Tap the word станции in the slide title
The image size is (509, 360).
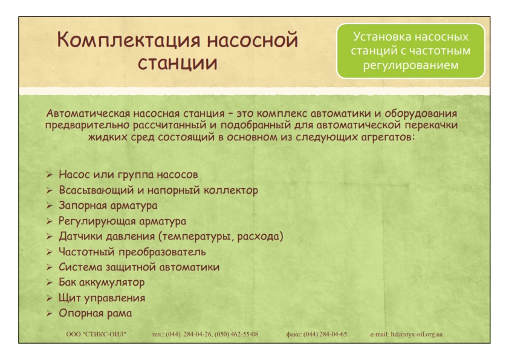pyautogui.click(x=178, y=63)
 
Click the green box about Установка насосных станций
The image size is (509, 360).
pyautogui.click(x=410, y=51)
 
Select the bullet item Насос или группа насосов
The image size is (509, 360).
pyautogui.click(x=128, y=175)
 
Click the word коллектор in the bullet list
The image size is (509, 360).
pyautogui.click(x=231, y=190)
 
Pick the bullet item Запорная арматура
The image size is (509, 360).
pyautogui.click(x=108, y=206)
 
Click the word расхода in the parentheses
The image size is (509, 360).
pyautogui.click(x=258, y=236)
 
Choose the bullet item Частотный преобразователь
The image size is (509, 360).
pyautogui.click(x=132, y=252)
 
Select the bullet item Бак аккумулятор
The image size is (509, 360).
pyautogui.click(x=102, y=283)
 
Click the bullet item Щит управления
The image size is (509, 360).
pyautogui.click(x=102, y=298)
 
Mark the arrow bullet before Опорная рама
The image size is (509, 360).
pyautogui.click(x=50, y=313)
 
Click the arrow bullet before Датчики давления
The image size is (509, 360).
pyautogui.click(x=50, y=236)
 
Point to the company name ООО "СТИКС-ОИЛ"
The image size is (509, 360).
pyautogui.click(x=96, y=335)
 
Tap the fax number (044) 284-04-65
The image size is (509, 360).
pyautogui.click(x=325, y=335)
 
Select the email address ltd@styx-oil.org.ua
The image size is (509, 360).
pyautogui.click(x=417, y=335)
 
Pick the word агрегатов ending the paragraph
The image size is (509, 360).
pyautogui.click(x=388, y=137)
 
